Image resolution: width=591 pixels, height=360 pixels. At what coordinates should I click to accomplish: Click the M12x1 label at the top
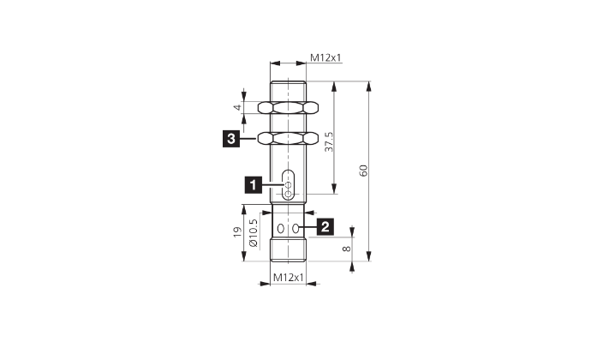pos(325,57)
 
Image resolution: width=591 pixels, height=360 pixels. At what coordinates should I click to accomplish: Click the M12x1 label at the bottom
pos(289,278)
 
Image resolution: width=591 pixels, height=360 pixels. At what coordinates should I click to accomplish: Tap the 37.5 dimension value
pos(330,142)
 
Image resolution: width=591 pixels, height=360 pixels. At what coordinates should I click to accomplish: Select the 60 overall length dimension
pos(363,171)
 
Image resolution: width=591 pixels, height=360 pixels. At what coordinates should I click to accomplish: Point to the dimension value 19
pos(237,232)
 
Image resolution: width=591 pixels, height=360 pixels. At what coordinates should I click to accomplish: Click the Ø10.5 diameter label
pos(254,233)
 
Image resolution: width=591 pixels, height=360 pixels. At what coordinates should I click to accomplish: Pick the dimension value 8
pos(346,249)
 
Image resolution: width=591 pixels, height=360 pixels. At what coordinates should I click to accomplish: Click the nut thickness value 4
pos(237,107)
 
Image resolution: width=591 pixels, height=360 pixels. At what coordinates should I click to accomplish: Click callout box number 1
pos(254,185)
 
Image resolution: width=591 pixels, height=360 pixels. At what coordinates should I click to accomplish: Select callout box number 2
pos(325,226)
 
